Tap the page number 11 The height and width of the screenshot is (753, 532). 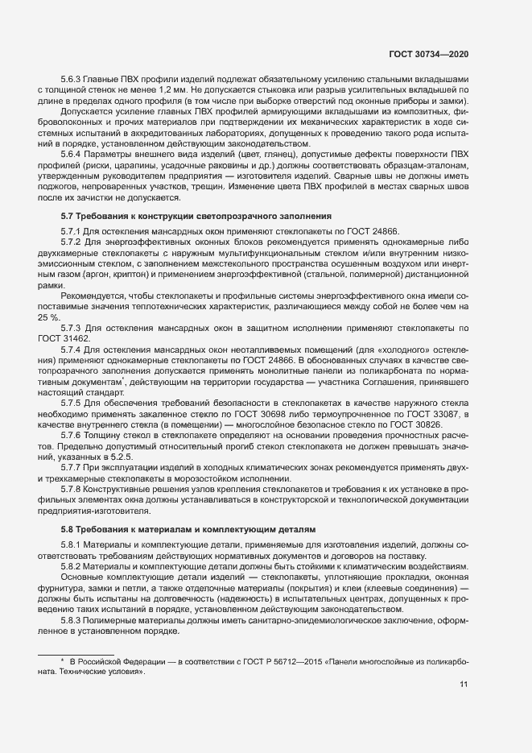pyautogui.click(x=464, y=685)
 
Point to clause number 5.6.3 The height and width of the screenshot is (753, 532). pyautogui.click(x=74, y=80)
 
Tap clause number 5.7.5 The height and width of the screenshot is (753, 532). pyautogui.click(x=74, y=401)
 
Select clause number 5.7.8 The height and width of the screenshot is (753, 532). pyautogui.click(x=74, y=489)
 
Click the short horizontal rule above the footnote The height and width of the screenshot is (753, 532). pyautogui.click(x=76, y=649)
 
